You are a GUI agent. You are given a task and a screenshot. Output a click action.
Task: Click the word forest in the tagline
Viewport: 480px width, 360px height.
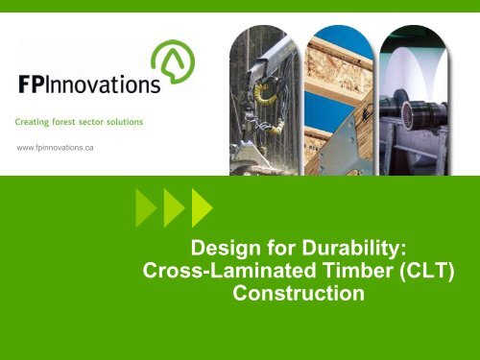pyautogui.click(x=73, y=121)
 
